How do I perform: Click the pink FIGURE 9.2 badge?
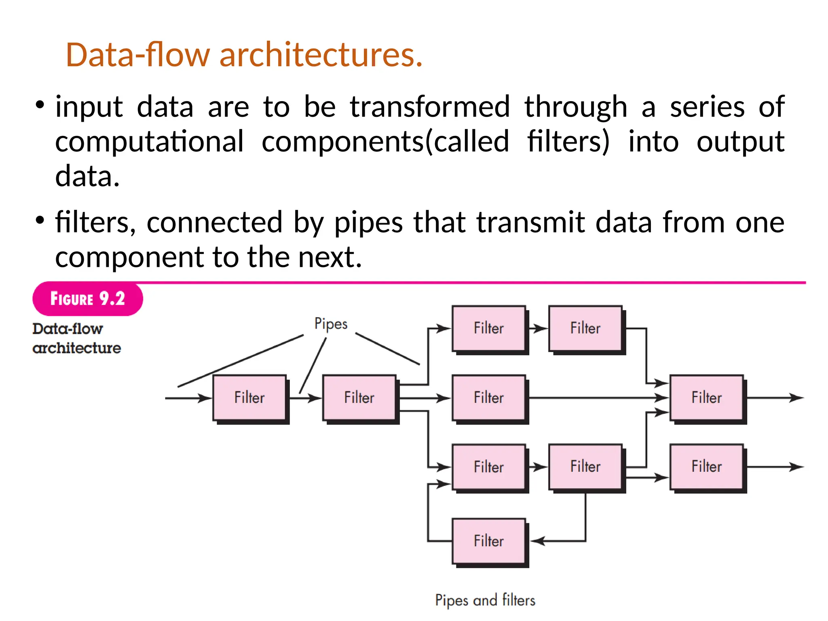pyautogui.click(x=87, y=299)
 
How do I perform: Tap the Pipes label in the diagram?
pyautogui.click(x=331, y=324)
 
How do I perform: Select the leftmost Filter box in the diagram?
pyautogui.click(x=249, y=397)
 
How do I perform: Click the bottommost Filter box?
pyautogui.click(x=489, y=541)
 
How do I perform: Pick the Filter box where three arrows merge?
pyautogui.click(x=706, y=397)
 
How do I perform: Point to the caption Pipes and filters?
pyautogui.click(x=485, y=600)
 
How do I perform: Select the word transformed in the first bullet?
pyautogui.click(x=430, y=107)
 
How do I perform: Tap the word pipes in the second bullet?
pyautogui.click(x=368, y=223)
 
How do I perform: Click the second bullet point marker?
pyautogui.click(x=40, y=221)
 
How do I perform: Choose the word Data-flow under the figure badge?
pyautogui.click(x=68, y=329)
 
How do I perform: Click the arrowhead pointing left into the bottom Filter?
pyautogui.click(x=538, y=541)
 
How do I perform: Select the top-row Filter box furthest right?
pyautogui.click(x=585, y=328)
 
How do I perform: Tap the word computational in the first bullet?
pyautogui.click(x=150, y=142)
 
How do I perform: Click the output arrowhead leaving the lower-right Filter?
pyautogui.click(x=796, y=467)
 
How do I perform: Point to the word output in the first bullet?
pyautogui.click(x=740, y=142)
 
